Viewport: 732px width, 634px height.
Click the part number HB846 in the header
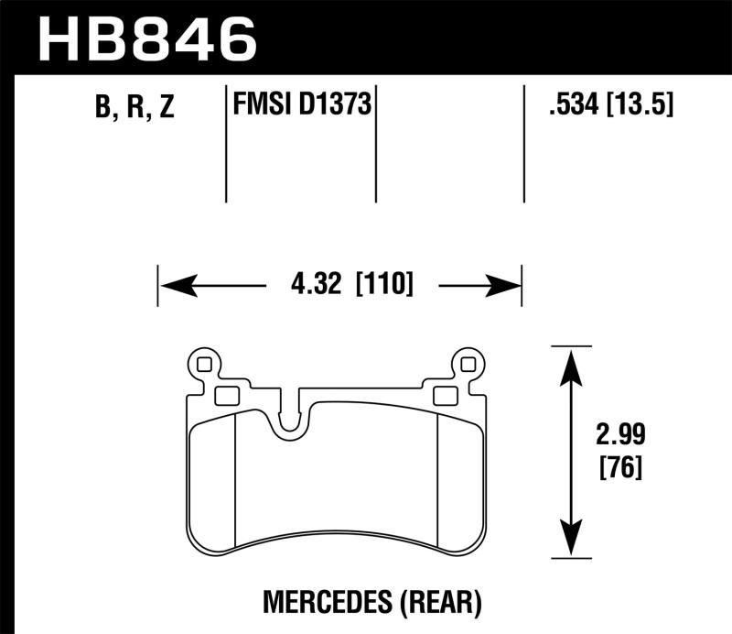point(145,39)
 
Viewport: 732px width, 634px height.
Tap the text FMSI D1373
point(301,106)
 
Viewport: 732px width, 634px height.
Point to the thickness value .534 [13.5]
point(608,106)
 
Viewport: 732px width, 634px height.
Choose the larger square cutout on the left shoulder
point(226,395)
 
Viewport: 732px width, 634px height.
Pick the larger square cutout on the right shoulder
point(445,395)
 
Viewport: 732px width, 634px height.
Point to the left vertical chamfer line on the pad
point(236,476)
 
